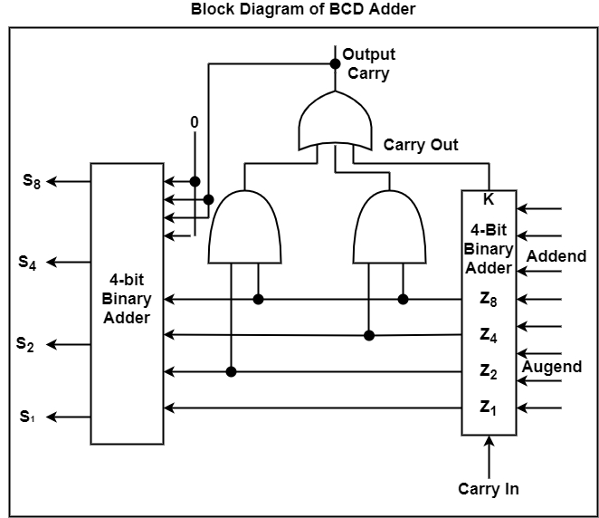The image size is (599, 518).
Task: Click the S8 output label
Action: coord(32,181)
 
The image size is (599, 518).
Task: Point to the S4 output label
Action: coord(28,263)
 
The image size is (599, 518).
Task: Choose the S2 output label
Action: coord(25,344)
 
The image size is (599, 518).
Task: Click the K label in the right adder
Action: coord(489,199)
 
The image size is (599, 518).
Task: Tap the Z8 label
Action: coord(489,299)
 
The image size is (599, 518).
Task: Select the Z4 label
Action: coord(489,335)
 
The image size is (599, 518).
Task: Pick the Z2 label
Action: coord(489,371)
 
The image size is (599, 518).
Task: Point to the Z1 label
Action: coord(489,408)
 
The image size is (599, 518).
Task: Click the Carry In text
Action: coord(489,489)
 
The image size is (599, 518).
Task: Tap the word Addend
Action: coord(556,256)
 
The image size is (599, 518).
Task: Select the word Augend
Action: coord(552,367)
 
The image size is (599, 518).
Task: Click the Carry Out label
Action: coord(421,145)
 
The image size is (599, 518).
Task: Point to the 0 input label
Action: coord(195,122)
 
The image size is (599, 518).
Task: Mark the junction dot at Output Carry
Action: coord(334,63)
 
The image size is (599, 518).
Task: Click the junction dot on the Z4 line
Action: coord(369,335)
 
